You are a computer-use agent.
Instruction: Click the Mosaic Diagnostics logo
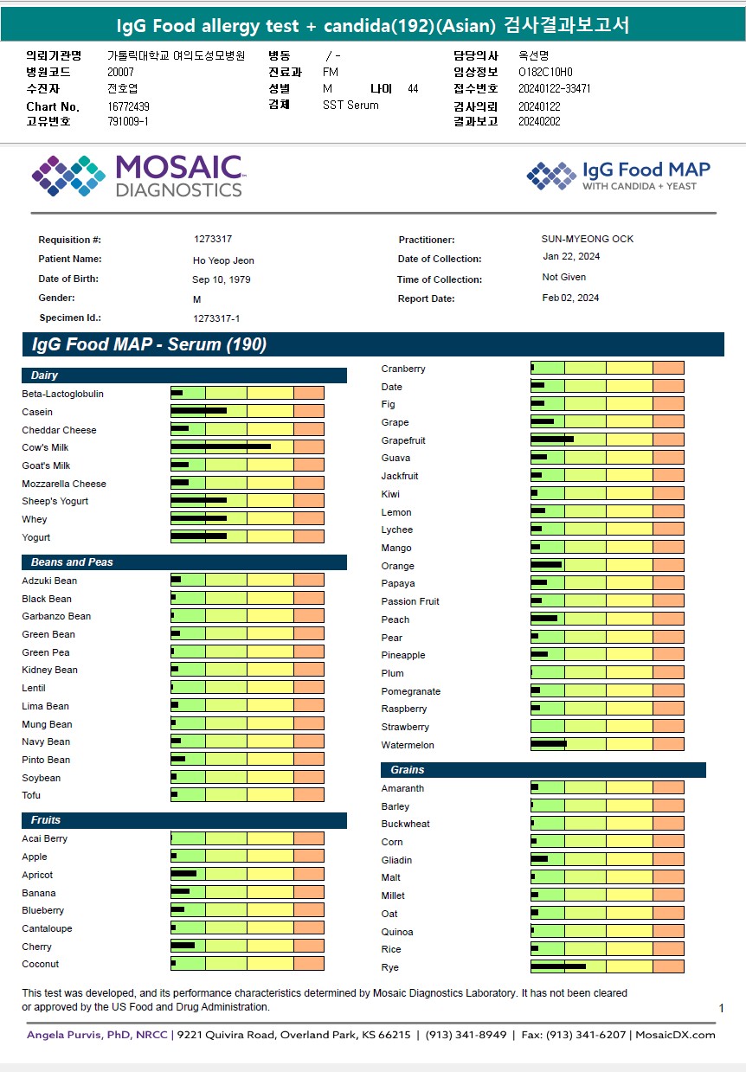pos(137,176)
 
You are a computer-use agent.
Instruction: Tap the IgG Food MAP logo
pos(618,176)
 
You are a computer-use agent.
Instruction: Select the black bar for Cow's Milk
pos(221,447)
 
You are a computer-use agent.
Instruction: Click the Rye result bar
pos(557,966)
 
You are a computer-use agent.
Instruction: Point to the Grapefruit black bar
pos(551,440)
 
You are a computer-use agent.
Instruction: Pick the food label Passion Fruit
pos(410,601)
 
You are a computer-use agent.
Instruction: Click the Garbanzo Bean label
pos(56,616)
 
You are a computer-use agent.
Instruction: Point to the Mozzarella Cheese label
pos(64,484)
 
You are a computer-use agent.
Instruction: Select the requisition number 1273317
pos(213,239)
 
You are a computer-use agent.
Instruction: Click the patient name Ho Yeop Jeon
pos(223,260)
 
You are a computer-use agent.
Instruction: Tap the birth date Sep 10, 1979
pos(222,279)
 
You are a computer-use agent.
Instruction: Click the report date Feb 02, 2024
pos(570,298)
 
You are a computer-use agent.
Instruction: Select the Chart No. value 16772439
pos(129,106)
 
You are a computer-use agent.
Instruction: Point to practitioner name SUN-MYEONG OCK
pos(588,239)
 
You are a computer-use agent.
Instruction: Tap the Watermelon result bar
pos(548,744)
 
